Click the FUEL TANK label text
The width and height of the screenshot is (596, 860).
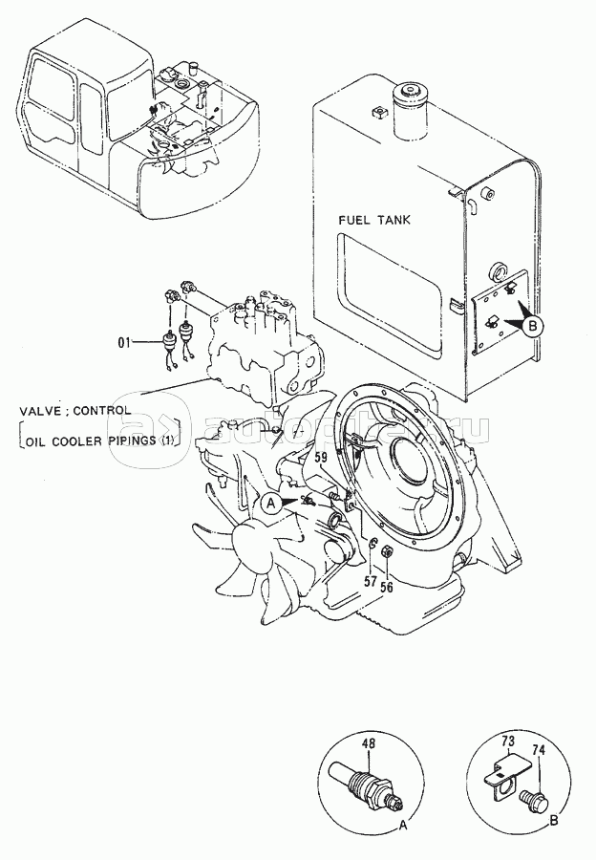coord(375,220)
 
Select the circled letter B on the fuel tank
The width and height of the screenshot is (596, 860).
coord(533,325)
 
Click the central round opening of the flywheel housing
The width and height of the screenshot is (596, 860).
coord(416,476)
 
